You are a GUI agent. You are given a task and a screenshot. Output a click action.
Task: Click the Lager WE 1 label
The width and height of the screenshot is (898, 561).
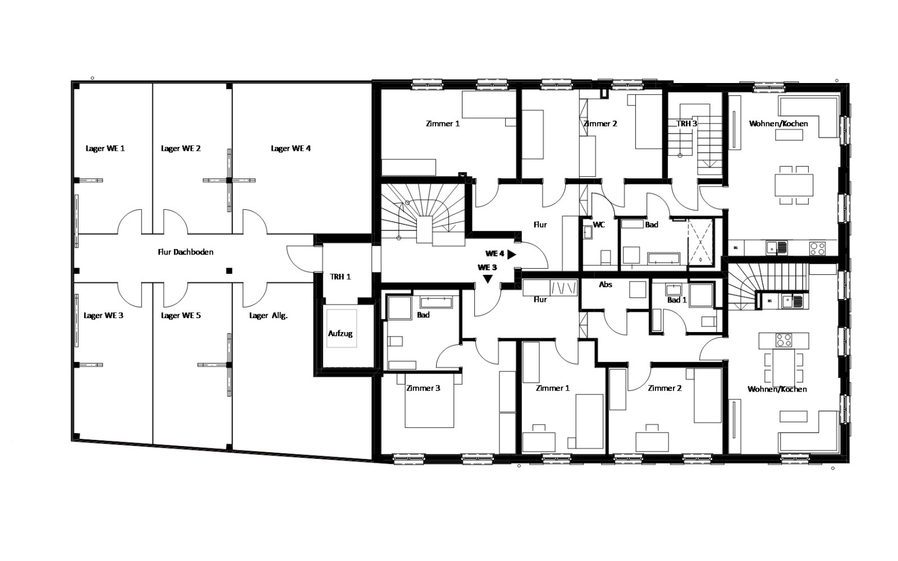(x=105, y=148)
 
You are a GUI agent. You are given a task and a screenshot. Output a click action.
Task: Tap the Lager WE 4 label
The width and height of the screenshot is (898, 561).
(x=291, y=148)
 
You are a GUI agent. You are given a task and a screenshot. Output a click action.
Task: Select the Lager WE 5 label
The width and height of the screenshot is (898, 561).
(x=181, y=315)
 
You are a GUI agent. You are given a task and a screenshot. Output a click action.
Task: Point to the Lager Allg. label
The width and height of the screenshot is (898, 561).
(x=268, y=315)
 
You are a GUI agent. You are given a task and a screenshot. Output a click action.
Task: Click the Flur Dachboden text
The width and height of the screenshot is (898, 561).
(x=186, y=252)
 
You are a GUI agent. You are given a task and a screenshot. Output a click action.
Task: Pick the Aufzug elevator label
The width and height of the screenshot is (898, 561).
(x=340, y=333)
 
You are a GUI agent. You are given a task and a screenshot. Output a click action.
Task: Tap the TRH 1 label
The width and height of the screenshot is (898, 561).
(x=340, y=277)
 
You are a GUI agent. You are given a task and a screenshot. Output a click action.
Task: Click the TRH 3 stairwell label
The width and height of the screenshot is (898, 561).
(x=687, y=123)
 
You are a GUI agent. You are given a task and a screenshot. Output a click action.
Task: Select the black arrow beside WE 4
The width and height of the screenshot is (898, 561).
(x=511, y=254)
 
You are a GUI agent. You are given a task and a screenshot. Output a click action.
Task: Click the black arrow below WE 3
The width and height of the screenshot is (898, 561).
(x=488, y=279)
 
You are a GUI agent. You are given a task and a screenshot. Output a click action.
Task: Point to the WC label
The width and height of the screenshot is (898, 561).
(x=598, y=224)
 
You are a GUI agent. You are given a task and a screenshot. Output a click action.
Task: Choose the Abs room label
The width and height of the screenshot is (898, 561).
(x=606, y=284)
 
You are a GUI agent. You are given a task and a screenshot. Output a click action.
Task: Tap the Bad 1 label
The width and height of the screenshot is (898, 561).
(x=677, y=300)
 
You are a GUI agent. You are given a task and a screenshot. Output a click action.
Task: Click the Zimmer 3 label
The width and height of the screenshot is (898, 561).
(x=423, y=388)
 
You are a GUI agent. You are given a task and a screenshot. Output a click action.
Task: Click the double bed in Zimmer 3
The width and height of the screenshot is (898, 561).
(x=429, y=400)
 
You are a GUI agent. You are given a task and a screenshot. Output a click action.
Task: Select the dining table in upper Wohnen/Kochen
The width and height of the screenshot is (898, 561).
(x=794, y=185)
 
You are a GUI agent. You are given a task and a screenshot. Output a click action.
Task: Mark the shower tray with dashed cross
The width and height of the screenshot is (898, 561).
(x=701, y=242)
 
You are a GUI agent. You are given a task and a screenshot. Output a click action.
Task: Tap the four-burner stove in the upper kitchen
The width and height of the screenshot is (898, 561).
(x=817, y=249)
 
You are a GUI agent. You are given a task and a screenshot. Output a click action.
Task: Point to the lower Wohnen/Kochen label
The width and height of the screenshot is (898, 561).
(x=777, y=389)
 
